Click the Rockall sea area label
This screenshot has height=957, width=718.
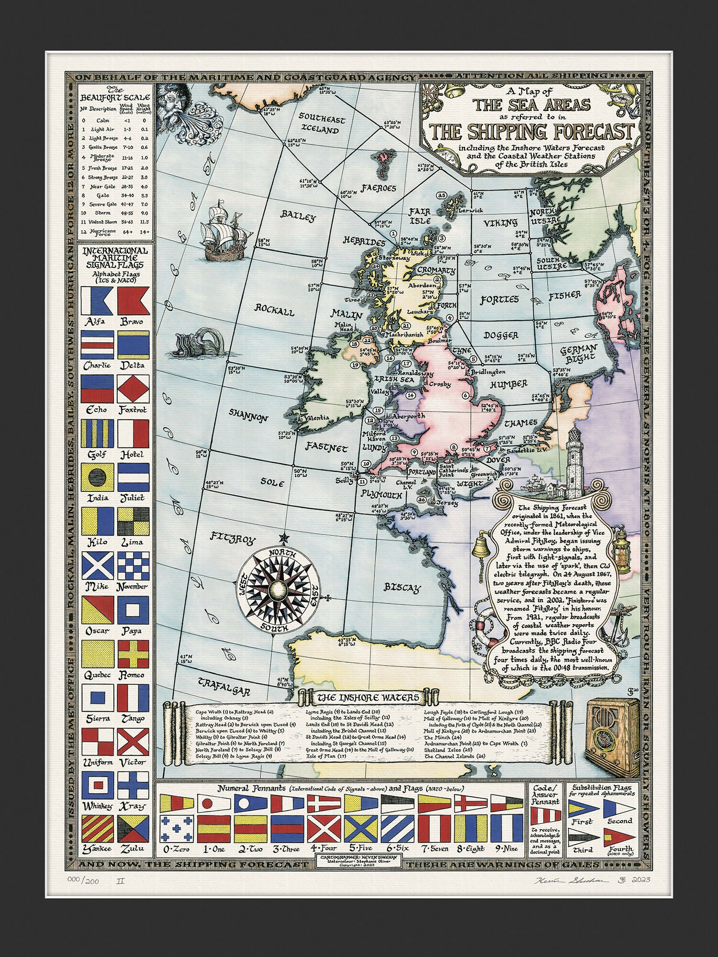(x=274, y=311)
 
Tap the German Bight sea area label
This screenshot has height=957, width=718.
(x=579, y=353)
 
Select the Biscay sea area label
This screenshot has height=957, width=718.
(x=402, y=588)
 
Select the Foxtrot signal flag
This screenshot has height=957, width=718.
(x=134, y=389)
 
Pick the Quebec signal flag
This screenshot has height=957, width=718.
(x=98, y=654)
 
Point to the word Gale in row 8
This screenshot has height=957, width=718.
(x=103, y=195)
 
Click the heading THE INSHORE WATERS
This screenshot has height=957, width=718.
(x=368, y=698)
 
